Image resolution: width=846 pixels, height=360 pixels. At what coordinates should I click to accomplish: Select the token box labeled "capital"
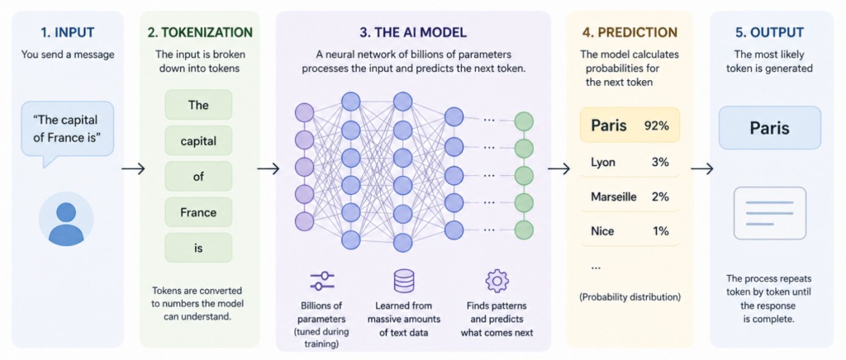pos(198,141)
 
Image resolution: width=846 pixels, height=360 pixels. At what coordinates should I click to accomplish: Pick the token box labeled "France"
pos(198,212)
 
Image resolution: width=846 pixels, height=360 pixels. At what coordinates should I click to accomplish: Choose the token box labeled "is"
pos(198,248)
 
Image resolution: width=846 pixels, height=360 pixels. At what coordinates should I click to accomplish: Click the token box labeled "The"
pos(198,106)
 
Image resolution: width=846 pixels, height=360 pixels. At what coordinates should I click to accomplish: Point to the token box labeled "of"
pos(198,177)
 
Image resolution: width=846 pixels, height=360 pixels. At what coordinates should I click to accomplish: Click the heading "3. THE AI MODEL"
pos(412,33)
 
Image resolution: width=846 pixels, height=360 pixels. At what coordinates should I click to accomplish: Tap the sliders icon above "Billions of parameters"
pos(321,281)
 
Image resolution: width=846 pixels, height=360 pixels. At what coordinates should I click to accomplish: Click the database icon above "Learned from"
pos(404,281)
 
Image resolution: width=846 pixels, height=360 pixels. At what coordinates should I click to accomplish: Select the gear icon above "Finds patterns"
pos(497,281)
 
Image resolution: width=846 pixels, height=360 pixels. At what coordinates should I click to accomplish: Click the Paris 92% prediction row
pos(630,126)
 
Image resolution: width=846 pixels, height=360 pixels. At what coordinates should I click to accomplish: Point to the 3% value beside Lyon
pos(659,163)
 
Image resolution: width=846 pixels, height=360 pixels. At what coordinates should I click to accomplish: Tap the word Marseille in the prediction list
pos(613,197)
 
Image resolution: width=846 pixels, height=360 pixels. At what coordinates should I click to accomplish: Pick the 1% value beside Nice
pos(659,232)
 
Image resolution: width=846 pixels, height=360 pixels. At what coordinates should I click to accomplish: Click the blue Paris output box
pos(769,129)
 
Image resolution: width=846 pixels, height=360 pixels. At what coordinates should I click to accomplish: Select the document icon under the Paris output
pos(769,213)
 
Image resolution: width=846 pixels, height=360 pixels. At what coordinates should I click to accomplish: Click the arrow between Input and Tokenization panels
pos(132,169)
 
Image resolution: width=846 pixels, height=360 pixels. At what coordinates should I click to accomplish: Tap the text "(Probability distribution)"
pos(630,296)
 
